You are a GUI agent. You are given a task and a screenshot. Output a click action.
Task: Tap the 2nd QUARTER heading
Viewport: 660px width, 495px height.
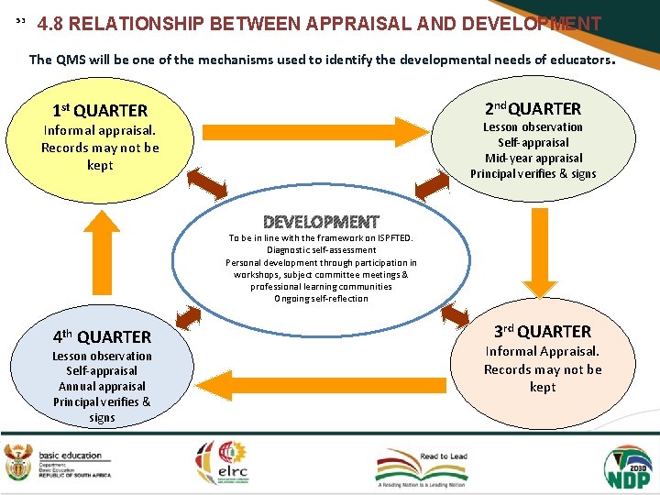click(x=533, y=108)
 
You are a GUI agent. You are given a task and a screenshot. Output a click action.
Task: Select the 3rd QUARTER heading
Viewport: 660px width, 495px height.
click(x=543, y=331)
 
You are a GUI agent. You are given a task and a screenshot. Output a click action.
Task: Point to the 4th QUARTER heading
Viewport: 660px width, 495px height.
click(x=101, y=336)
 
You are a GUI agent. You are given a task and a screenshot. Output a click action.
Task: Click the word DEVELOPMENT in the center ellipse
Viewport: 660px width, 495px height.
click(x=321, y=222)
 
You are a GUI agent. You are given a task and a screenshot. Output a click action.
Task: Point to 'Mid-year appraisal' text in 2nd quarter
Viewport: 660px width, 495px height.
click(x=533, y=158)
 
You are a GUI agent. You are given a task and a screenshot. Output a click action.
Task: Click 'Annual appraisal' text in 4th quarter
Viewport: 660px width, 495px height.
click(x=102, y=386)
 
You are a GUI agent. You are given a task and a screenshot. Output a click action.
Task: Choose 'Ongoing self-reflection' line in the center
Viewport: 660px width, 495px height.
click(x=321, y=298)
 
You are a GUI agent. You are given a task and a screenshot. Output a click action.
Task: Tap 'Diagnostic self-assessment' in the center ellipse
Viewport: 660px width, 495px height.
click(x=321, y=249)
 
